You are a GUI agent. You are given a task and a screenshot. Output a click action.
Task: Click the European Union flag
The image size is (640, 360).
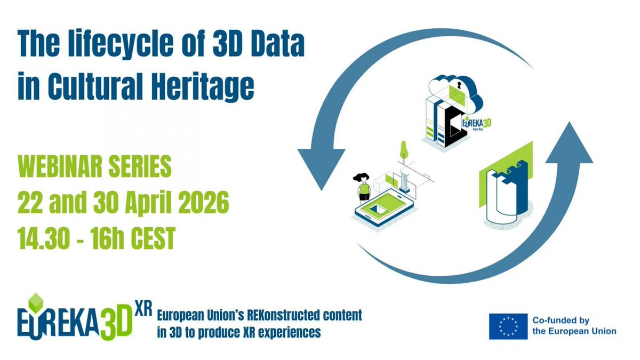(508, 326)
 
